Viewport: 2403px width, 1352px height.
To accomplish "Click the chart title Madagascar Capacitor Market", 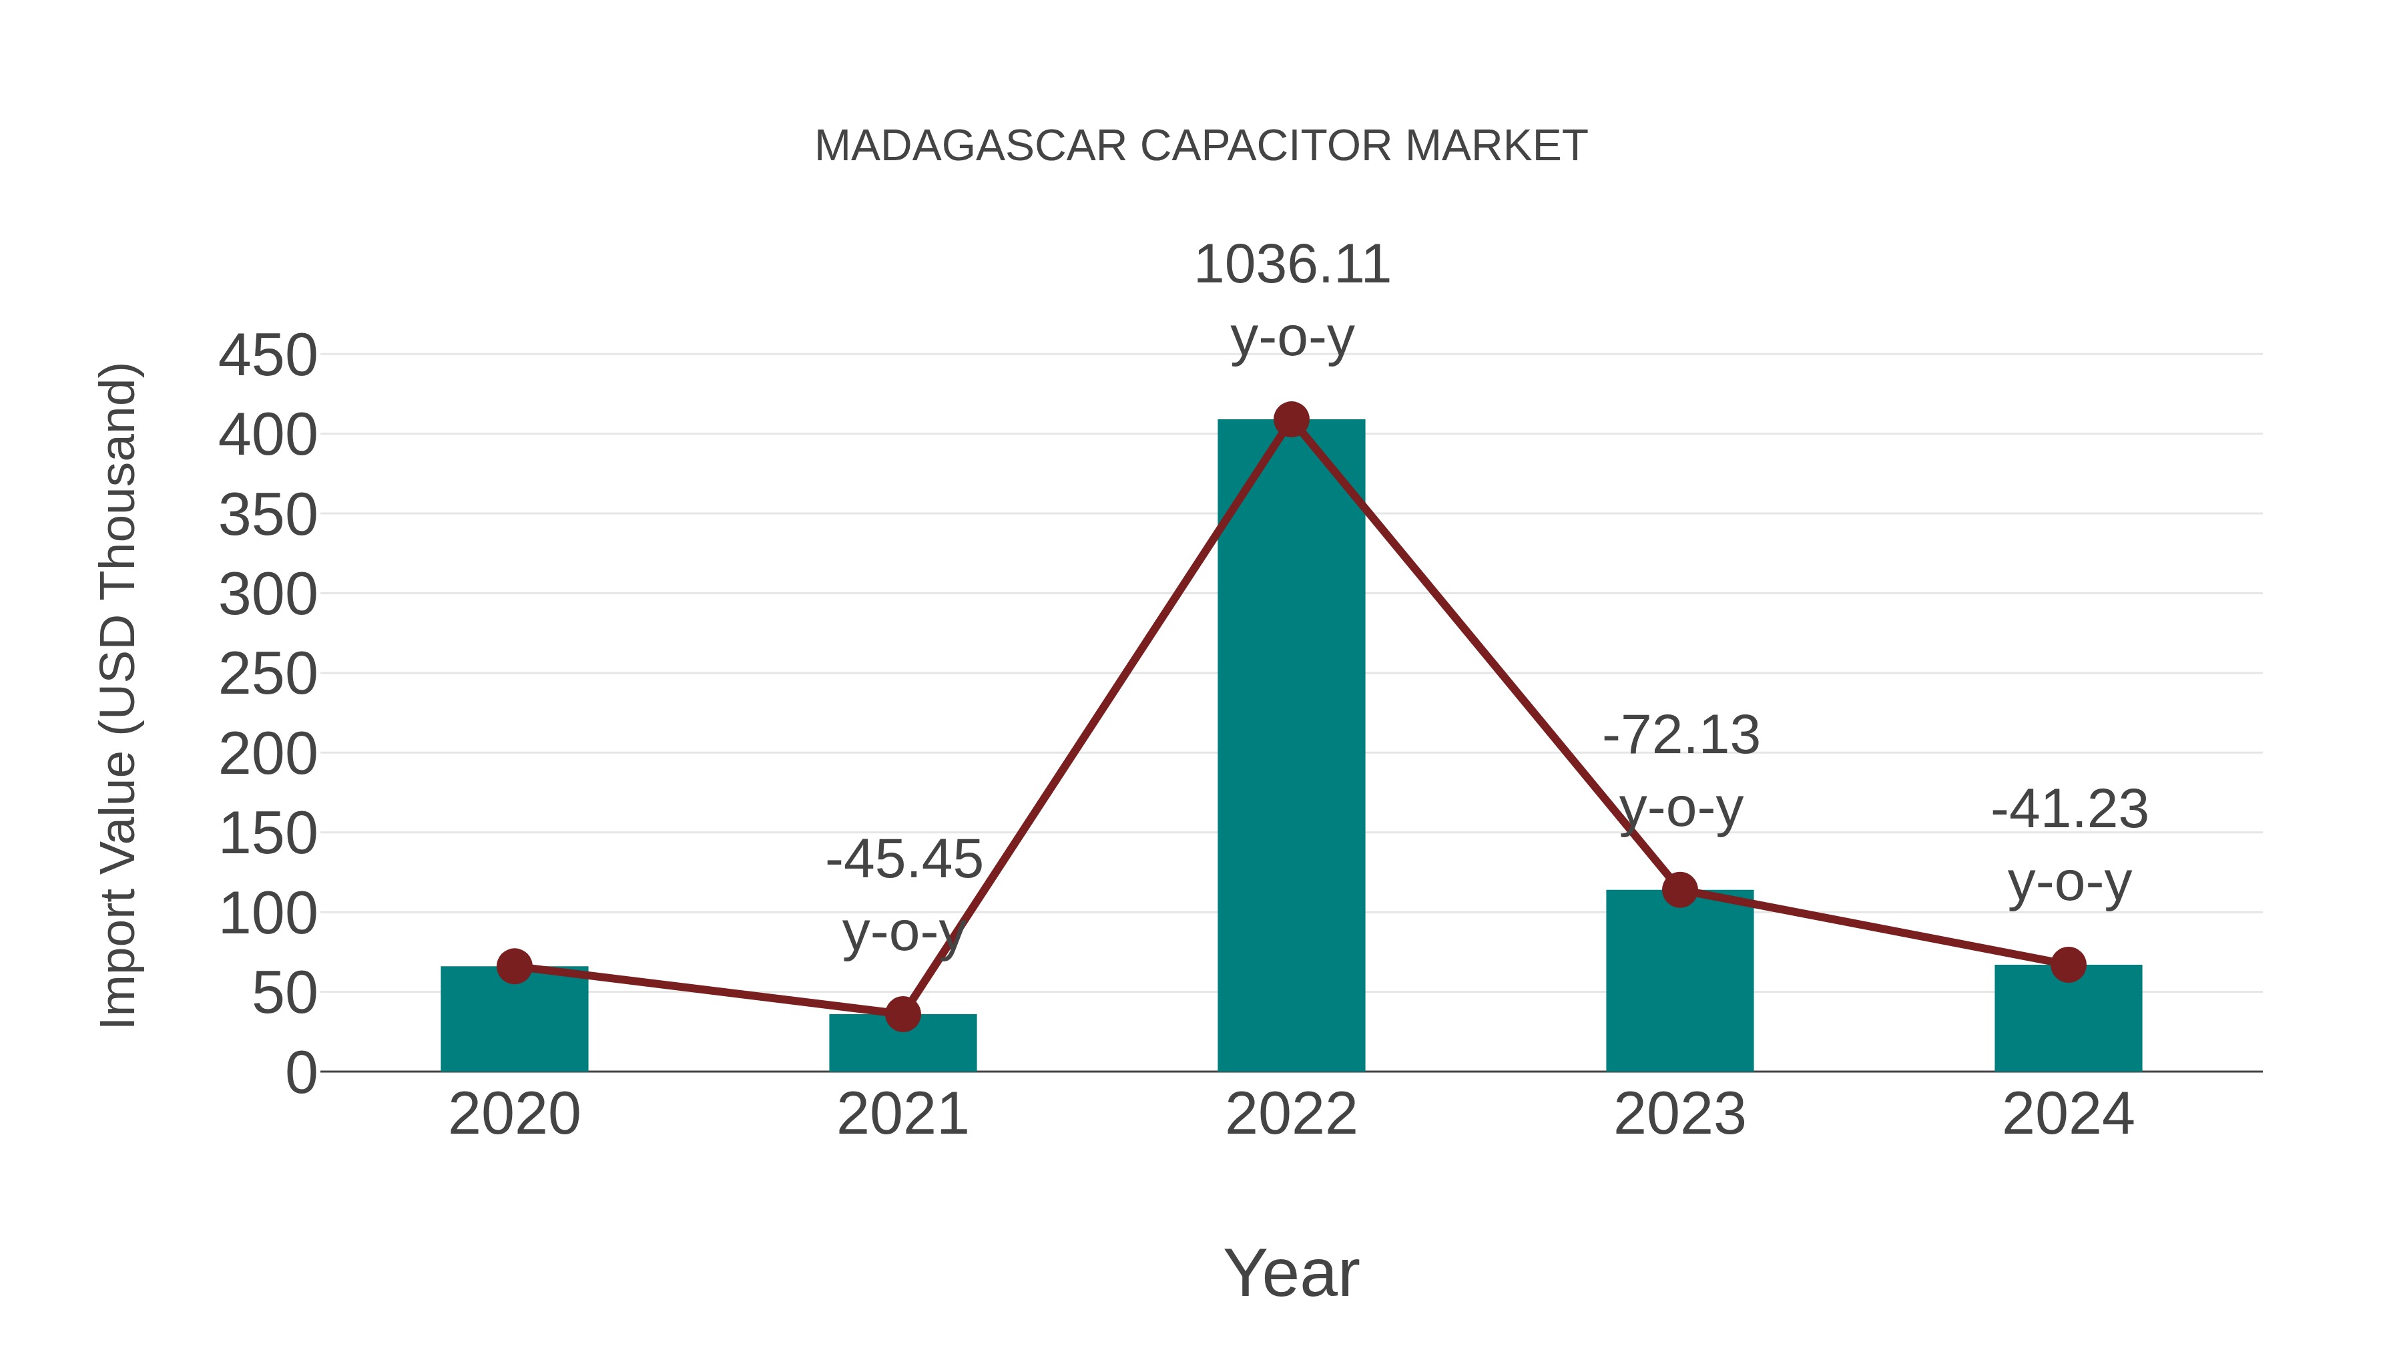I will pos(1201,146).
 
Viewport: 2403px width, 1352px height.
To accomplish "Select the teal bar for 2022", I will pos(1291,746).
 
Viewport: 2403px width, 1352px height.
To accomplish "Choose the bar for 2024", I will pos(2068,1022).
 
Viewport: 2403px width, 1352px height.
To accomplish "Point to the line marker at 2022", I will pos(1291,420).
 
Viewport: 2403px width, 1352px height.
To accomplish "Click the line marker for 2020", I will pos(514,967).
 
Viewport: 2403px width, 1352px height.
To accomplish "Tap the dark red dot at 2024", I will pos(2068,965).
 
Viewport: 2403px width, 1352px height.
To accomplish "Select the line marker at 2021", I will pos(902,1014).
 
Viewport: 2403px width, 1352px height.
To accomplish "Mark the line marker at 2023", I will pos(1679,890).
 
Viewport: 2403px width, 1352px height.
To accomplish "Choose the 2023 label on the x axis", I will pos(1679,1114).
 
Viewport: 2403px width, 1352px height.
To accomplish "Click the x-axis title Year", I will pos(1291,1273).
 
